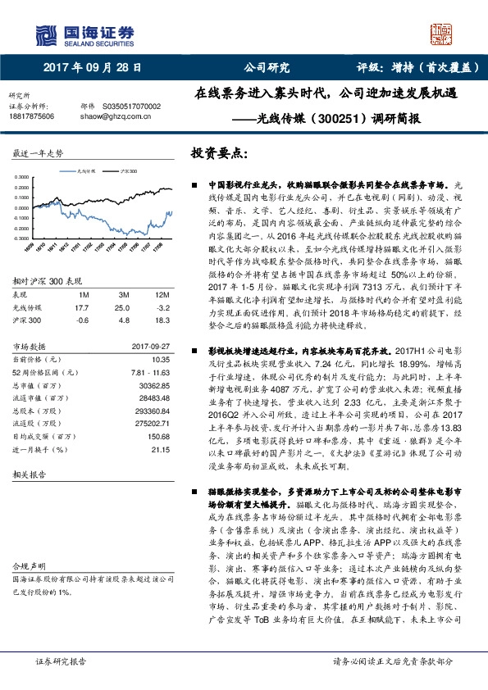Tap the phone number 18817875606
point(31,116)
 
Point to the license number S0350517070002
point(132,107)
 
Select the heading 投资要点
point(218,153)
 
